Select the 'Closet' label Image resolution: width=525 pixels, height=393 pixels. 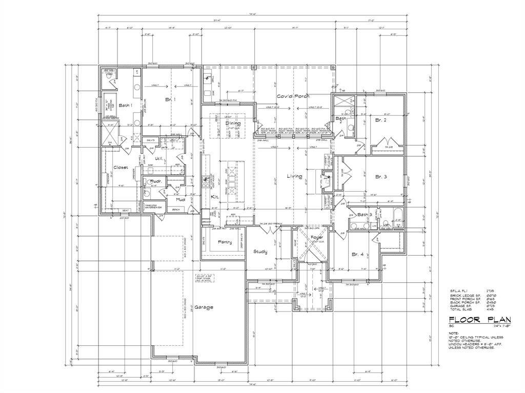coord(120,168)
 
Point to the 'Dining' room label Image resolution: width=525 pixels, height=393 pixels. coord(233,123)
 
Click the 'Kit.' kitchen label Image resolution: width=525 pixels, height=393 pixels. coord(215,196)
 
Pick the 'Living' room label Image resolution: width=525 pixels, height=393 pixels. coord(294,176)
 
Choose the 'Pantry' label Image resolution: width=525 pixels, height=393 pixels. coord(225,242)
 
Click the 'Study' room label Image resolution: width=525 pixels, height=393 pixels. coord(260,252)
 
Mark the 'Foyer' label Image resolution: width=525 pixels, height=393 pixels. coord(316,238)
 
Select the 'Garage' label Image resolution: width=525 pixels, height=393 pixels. coord(204,307)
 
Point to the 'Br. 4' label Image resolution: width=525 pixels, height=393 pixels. coord(357,254)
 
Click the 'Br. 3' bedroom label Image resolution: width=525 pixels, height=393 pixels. coord(380,177)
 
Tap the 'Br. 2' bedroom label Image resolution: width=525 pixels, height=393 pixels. coord(380,120)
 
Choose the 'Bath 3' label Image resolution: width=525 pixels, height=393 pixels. coord(364,215)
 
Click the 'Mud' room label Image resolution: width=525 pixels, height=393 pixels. coord(180,199)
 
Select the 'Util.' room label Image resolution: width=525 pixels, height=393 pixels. coord(159,159)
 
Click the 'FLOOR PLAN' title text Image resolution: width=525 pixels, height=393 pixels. coord(473,319)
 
